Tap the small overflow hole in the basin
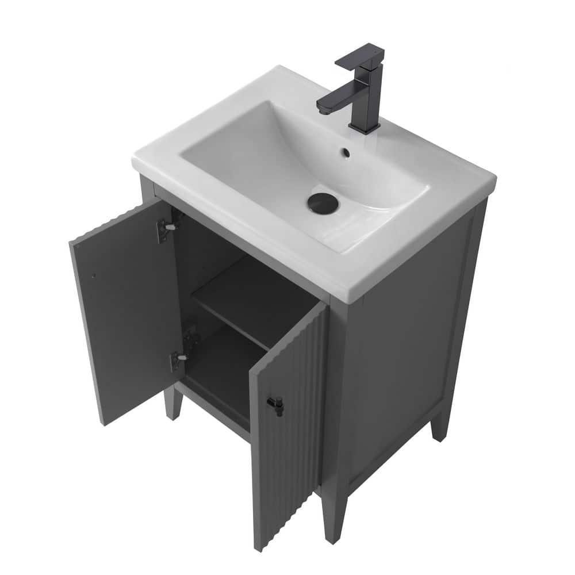346,153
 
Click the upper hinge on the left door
166,228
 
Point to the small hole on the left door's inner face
94,275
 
